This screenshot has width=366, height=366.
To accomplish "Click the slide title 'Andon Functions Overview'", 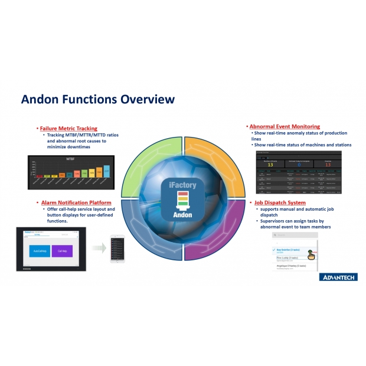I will click(98, 99).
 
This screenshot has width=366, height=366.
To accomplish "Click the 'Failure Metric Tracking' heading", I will click(68, 128).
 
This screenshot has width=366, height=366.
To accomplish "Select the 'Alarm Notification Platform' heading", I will click(74, 202).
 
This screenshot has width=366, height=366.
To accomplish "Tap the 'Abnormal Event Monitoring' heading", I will click(285, 126).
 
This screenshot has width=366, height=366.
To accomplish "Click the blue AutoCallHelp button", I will click(40, 250).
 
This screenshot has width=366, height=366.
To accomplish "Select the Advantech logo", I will click(338, 277).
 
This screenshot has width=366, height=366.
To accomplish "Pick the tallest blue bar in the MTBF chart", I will click(106, 171).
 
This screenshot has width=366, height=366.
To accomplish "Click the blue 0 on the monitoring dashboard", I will click(299, 165).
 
